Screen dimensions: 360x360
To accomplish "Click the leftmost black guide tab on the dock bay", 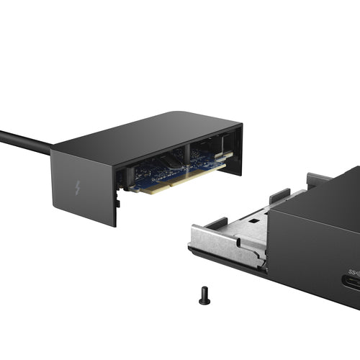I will tap(217, 222).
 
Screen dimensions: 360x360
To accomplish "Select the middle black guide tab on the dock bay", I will tap(279, 194).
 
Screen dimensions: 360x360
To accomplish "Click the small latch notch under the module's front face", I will tap(117, 204).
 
